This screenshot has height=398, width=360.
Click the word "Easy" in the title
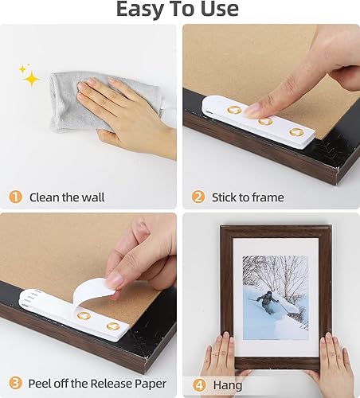point(143,10)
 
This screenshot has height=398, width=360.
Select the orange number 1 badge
point(14,197)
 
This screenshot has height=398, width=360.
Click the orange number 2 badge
point(197,197)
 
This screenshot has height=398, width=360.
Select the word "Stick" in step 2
point(225,197)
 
